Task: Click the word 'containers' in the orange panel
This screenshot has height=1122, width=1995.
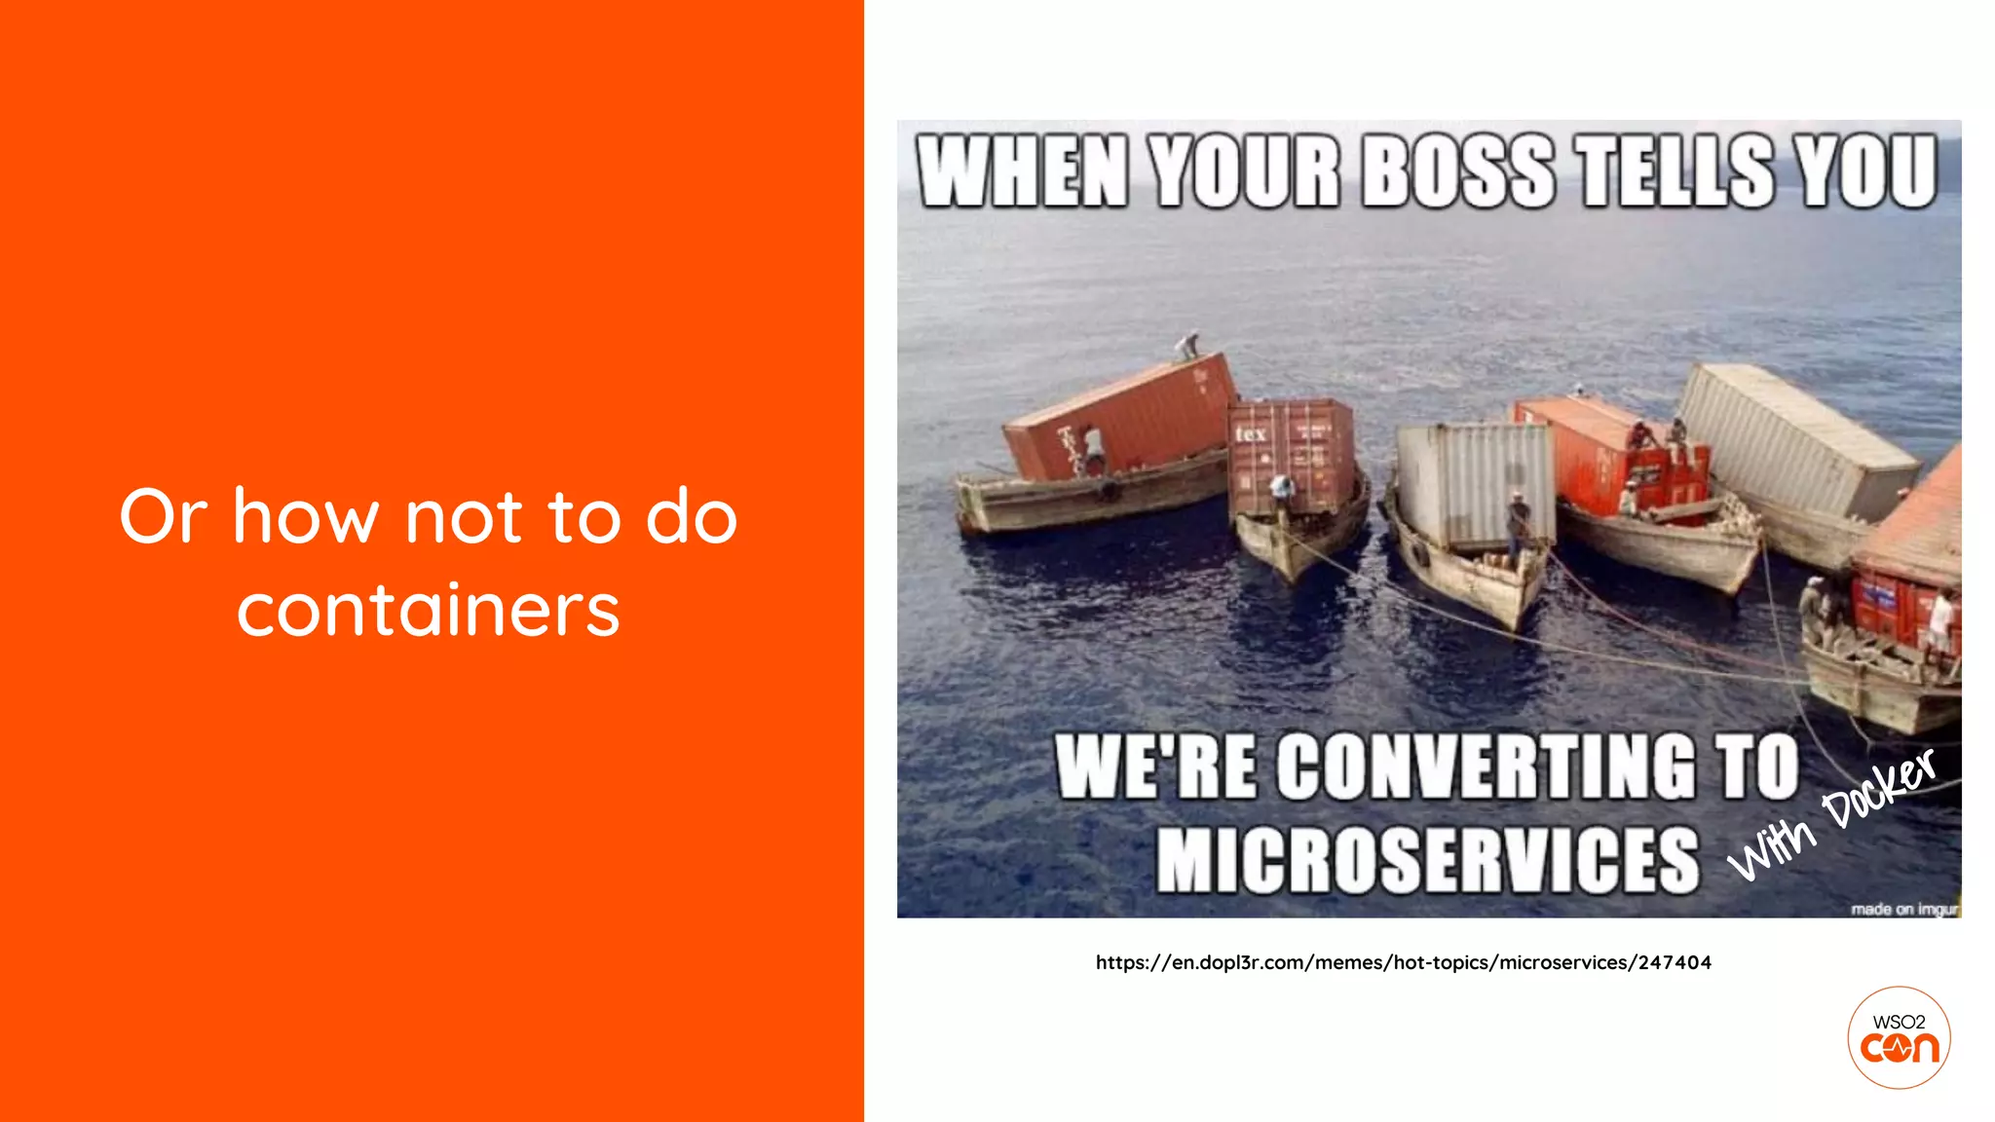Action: point(428,611)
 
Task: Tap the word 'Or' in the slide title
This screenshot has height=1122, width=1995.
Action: point(163,516)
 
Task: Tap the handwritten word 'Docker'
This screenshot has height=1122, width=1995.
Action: point(1878,789)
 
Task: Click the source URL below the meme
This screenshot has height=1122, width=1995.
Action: point(1403,962)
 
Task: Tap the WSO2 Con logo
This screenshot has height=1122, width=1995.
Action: point(1899,1037)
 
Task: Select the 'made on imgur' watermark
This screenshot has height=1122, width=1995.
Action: point(1903,909)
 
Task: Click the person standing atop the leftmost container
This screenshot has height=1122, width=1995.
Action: point(1187,346)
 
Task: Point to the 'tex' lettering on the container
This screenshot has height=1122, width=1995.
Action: point(1251,433)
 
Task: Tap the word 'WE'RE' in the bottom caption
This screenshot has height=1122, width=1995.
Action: point(1155,767)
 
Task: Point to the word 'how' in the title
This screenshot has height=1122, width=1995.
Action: point(305,516)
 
